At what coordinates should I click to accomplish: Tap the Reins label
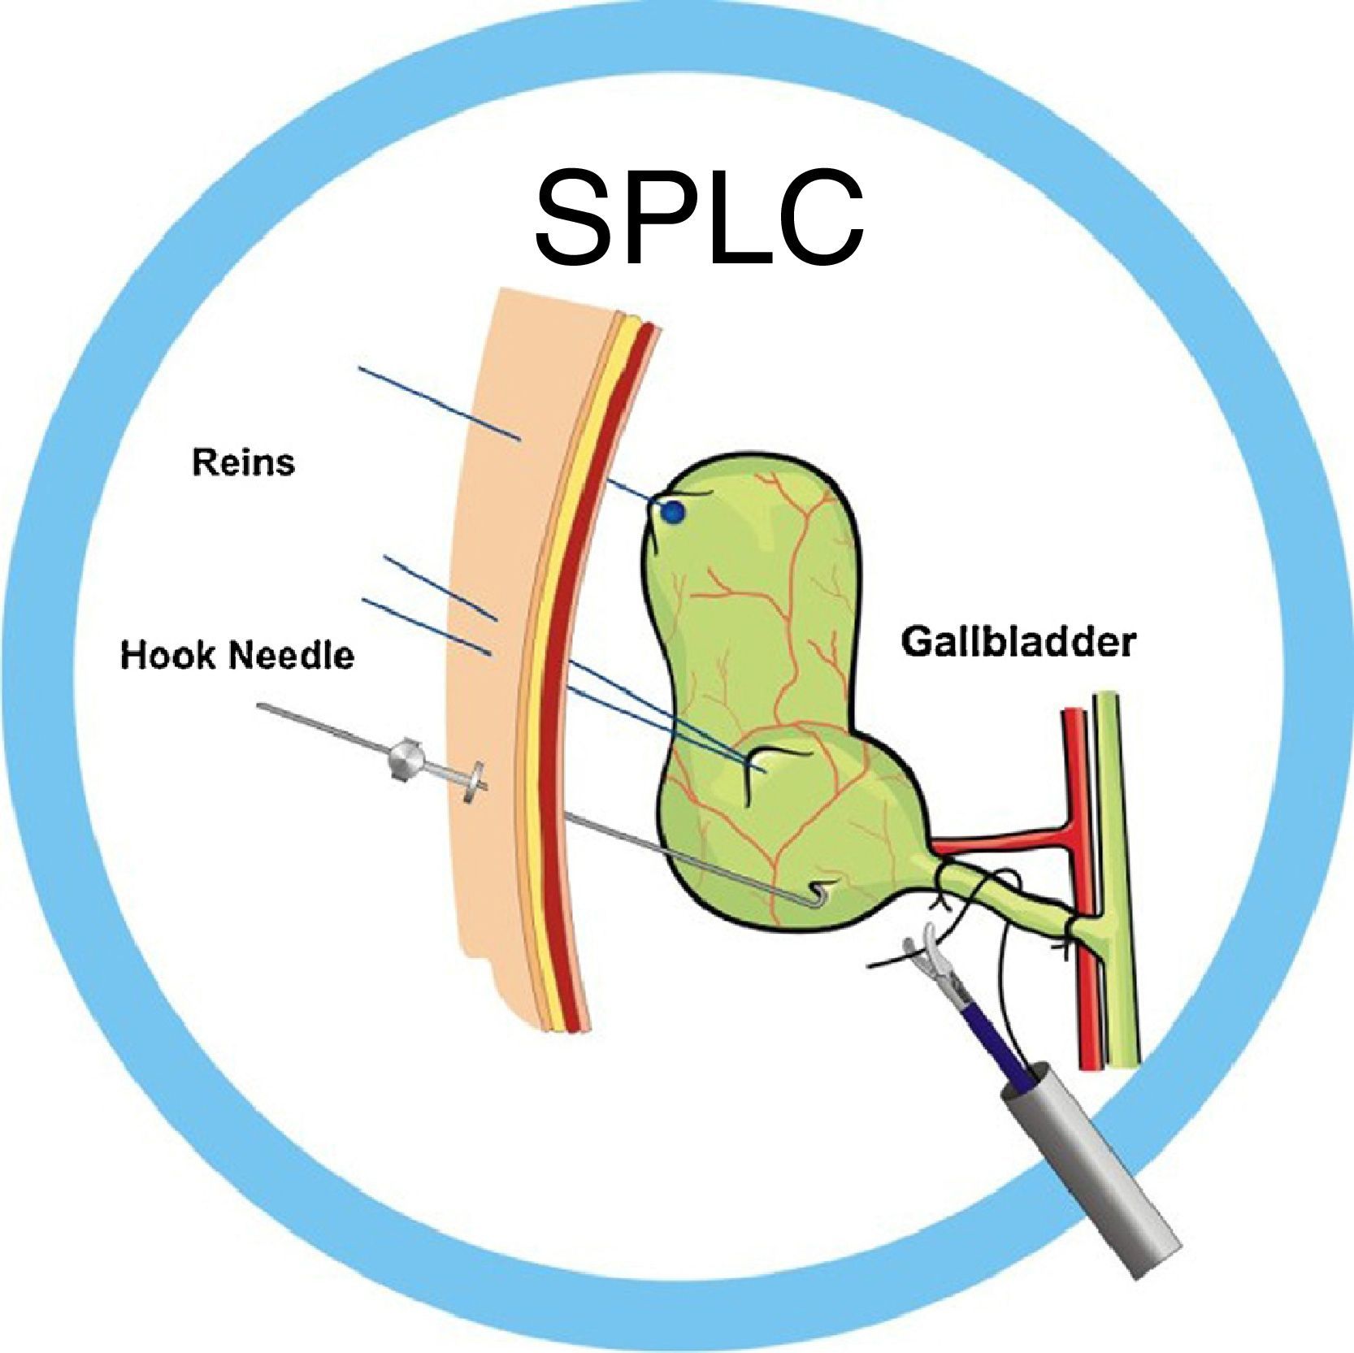click(x=243, y=462)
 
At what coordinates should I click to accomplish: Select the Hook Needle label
click(x=237, y=654)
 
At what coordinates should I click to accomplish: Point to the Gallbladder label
click(x=1018, y=643)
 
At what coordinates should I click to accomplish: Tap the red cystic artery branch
click(x=1000, y=842)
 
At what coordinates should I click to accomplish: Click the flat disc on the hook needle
click(x=475, y=783)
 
